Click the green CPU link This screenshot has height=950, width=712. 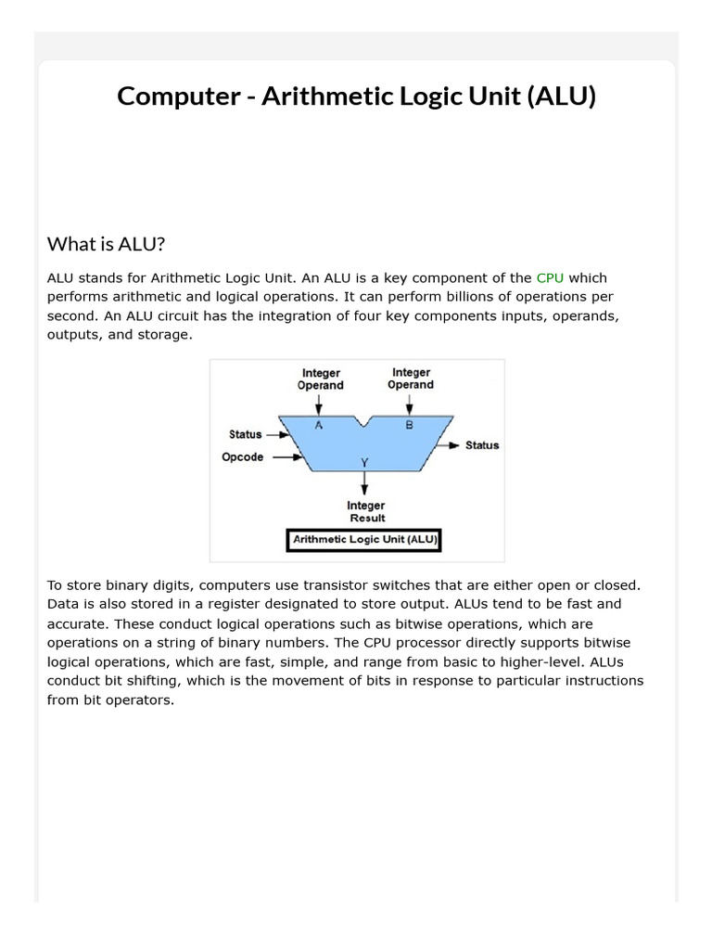pos(550,277)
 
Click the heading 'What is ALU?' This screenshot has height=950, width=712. pos(106,244)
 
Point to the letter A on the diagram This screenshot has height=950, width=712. pos(319,425)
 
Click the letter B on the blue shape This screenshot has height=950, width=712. pos(409,425)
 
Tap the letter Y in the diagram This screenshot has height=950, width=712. pos(364,461)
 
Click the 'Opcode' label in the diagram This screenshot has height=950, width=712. pos(242,457)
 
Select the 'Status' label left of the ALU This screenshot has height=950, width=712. pos(246,434)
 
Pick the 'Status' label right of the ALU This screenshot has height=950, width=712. pos(481,445)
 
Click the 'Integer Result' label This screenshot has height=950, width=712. pos(366,511)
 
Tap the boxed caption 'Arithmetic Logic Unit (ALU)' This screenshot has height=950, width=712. pos(365,539)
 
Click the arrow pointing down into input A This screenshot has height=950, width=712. pos(319,404)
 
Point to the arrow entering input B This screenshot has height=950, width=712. pos(409,404)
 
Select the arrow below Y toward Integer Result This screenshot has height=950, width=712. pos(364,482)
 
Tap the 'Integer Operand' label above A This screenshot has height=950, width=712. pos(320,379)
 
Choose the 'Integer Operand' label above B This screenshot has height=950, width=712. pos(411,379)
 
